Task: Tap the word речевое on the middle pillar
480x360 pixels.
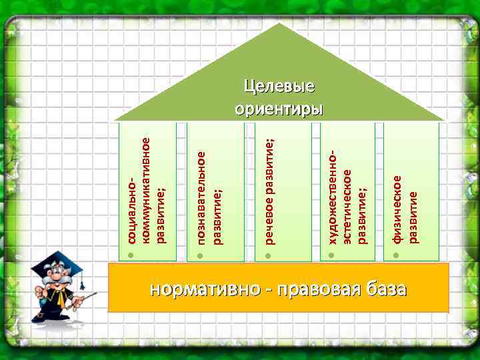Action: [268, 223]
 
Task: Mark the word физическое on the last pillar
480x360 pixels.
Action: [398, 209]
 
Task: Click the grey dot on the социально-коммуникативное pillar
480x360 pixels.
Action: [132, 256]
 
